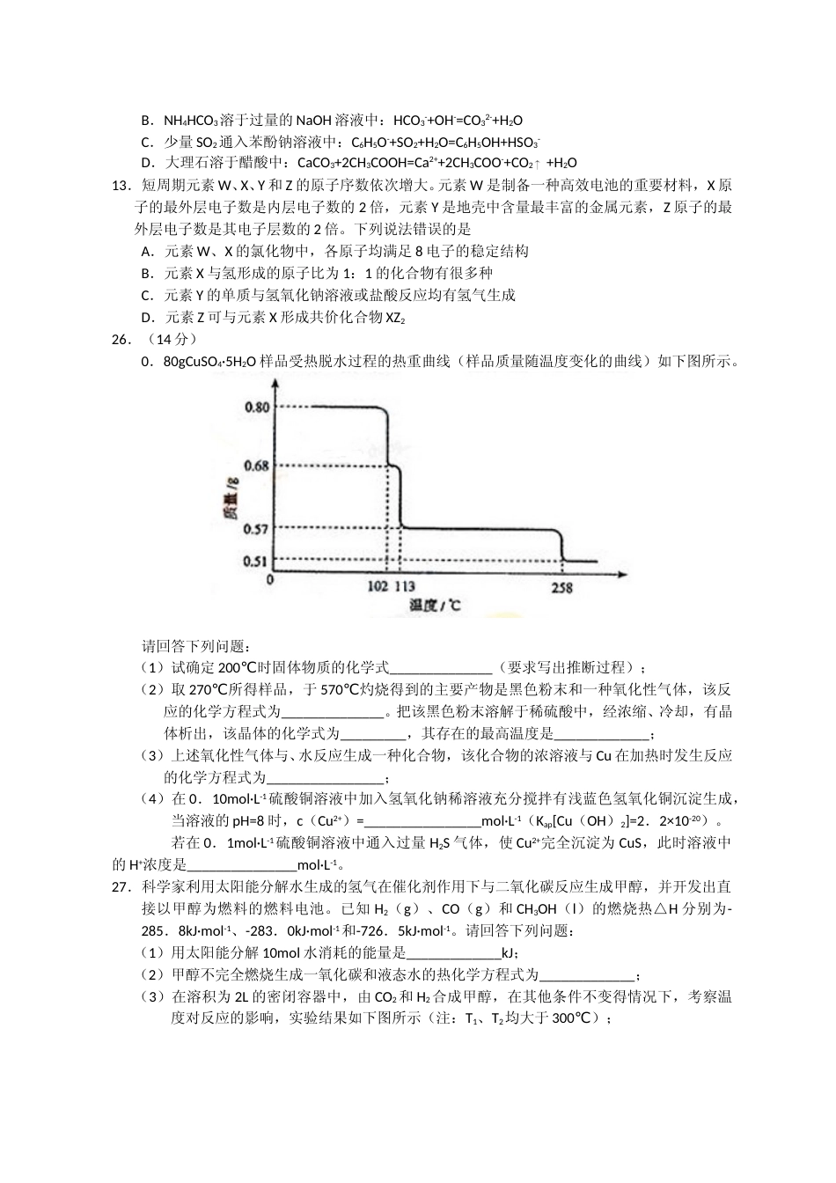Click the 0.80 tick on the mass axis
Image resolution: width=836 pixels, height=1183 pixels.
tap(257, 408)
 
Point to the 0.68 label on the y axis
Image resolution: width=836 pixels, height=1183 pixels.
tap(257, 466)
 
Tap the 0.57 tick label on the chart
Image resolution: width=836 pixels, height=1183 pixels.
tap(257, 529)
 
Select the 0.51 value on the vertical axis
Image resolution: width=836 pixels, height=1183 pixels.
tap(257, 561)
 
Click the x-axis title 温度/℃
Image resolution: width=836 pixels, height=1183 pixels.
tap(435, 606)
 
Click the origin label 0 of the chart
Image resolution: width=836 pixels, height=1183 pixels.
tap(270, 581)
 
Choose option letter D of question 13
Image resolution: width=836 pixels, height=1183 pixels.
tap(147, 317)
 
